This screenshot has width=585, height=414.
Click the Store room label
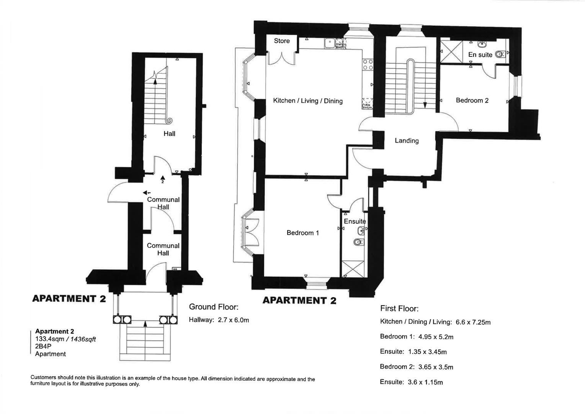[x=282, y=41]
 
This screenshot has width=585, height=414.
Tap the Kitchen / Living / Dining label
[x=307, y=101]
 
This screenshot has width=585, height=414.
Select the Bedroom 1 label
[x=302, y=233]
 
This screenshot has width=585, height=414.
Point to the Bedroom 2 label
[x=472, y=100]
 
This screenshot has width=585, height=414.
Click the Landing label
[x=407, y=141]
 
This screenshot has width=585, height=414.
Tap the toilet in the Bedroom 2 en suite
[x=500, y=55]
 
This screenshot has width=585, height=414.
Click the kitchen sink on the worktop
[x=329, y=43]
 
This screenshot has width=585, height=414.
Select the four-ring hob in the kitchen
[x=368, y=64]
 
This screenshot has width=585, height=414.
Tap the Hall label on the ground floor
[x=169, y=134]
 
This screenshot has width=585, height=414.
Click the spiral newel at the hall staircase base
[x=169, y=120]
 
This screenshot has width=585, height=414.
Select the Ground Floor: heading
[x=214, y=307]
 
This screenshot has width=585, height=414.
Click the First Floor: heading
[x=399, y=309]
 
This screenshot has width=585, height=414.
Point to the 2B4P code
[x=43, y=346]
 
